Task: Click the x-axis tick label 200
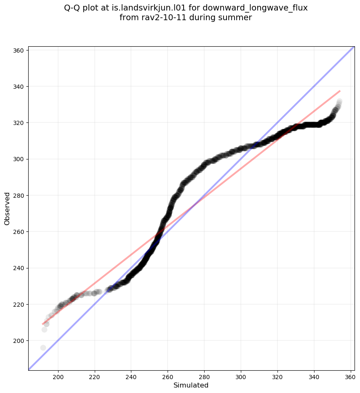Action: [x=58, y=377]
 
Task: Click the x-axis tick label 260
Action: [x=168, y=377]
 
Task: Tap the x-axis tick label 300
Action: [x=241, y=377]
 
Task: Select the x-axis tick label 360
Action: [x=351, y=377]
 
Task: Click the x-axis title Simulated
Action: [x=191, y=385]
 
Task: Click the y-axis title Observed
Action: [x=7, y=208]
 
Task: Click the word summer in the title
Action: [x=237, y=18]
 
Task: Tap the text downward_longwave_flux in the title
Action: [x=255, y=8]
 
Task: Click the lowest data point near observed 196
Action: [x=43, y=348]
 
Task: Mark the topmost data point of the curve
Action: [x=339, y=101]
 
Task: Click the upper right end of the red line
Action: [x=340, y=90]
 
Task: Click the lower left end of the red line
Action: [x=43, y=324]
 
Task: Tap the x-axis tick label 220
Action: [x=94, y=377]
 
